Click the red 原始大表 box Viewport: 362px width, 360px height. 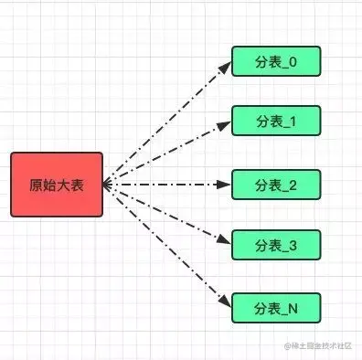(x=57, y=185)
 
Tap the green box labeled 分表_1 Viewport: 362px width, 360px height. (x=275, y=122)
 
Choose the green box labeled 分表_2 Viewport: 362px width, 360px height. (x=275, y=184)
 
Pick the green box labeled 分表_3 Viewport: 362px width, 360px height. (x=275, y=245)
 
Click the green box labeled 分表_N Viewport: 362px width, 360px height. (x=275, y=307)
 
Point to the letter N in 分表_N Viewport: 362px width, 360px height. (x=293, y=307)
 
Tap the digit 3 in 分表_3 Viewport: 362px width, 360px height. (x=293, y=245)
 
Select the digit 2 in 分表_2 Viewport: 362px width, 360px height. (x=293, y=184)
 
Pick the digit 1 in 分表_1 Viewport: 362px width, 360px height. (x=293, y=122)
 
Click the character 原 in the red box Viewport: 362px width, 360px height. (x=36, y=185)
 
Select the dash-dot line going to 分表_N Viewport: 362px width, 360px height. (x=165, y=245)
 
